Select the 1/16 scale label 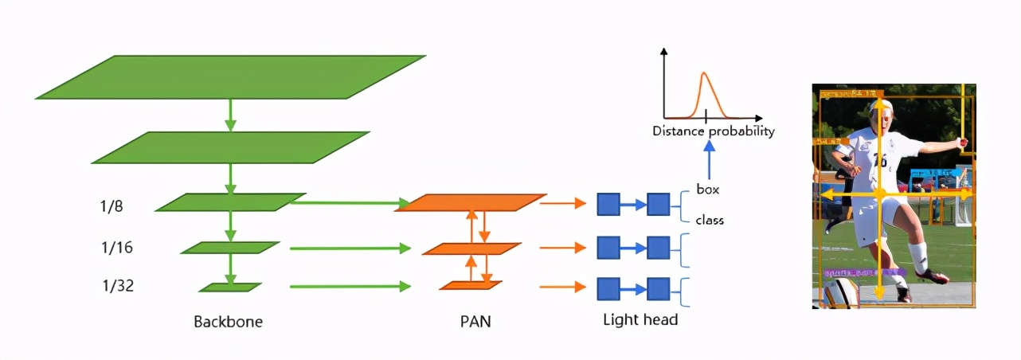[117, 248]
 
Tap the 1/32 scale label [117, 285]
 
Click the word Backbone [228, 323]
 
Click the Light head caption [640, 319]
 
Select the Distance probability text [713, 131]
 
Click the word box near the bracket [708, 190]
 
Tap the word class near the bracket [710, 220]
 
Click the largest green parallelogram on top [231, 76]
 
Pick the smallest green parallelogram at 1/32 [230, 287]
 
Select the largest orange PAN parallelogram [471, 202]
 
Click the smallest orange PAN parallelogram [471, 285]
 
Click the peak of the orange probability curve [704, 74]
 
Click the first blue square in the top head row [608, 205]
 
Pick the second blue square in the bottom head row [658, 288]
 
